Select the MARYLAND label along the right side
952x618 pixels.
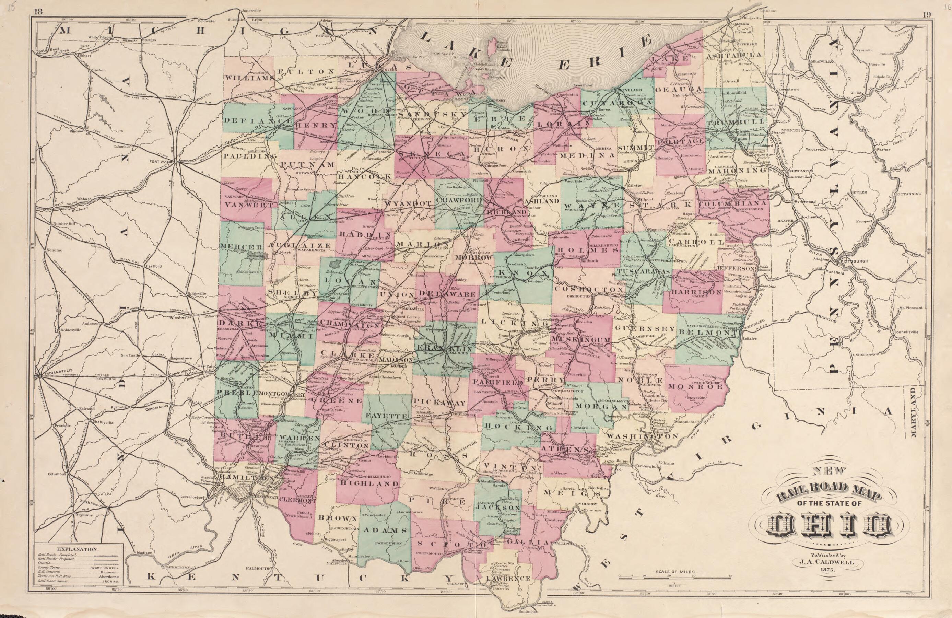click(913, 412)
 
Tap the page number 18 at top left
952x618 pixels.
click(38, 12)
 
